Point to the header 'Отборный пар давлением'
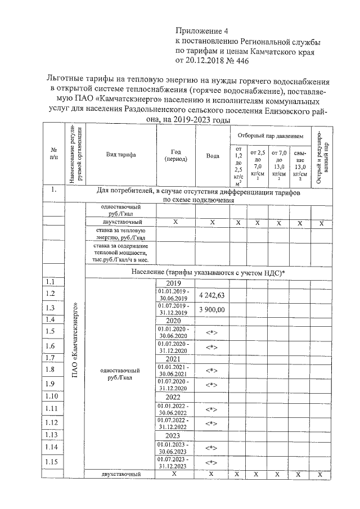tap(269, 136)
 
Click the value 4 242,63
tap(211, 295)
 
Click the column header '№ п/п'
tap(55, 154)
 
